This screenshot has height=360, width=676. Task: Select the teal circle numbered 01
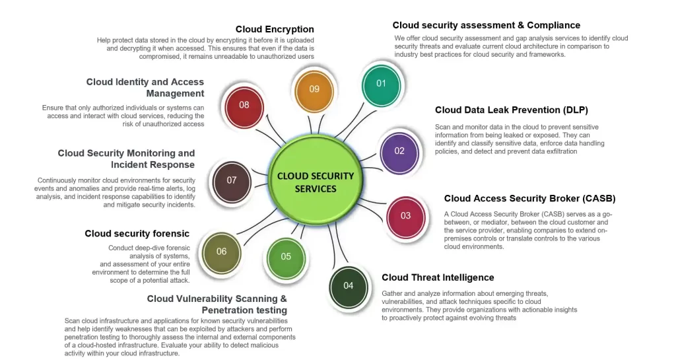[x=381, y=84]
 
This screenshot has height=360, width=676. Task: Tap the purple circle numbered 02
[x=399, y=151]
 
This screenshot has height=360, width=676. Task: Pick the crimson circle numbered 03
[x=405, y=215]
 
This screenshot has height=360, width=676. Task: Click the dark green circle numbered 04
[x=348, y=285]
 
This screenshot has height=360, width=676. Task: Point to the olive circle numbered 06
[x=221, y=252]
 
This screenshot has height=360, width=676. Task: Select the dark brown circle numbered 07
[x=231, y=180]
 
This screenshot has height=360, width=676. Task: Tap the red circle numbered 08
[x=244, y=105]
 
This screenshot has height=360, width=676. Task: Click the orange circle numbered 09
[x=314, y=90]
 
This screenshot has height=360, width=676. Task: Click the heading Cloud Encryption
[x=275, y=29]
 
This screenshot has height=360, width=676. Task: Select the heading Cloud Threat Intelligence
[x=438, y=277]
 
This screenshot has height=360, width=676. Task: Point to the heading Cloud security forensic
[x=137, y=233]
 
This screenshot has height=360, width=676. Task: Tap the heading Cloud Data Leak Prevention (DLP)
[x=511, y=110]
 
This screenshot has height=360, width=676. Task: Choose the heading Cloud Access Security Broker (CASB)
[x=529, y=198]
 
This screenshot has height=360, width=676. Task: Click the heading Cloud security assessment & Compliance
[x=487, y=25]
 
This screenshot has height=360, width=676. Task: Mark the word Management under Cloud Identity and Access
[x=175, y=94]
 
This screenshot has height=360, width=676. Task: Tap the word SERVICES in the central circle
[x=316, y=189]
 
